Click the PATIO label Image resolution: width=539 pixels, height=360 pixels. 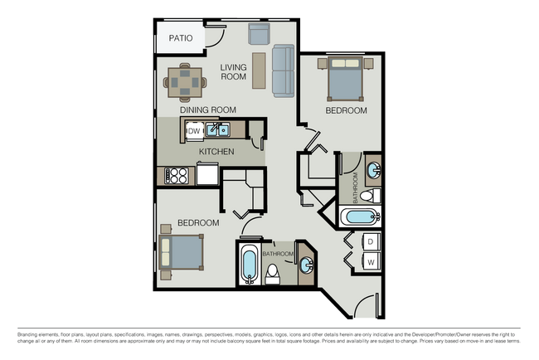click(x=181, y=38)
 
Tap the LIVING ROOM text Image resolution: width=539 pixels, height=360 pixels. click(x=234, y=71)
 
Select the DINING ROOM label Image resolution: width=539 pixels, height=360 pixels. click(x=208, y=109)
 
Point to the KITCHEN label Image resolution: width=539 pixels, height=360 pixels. click(x=216, y=152)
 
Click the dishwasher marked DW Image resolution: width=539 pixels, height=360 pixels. click(x=192, y=130)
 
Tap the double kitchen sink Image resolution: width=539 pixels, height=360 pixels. click(x=218, y=129)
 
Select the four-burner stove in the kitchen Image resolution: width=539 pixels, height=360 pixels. click(x=177, y=175)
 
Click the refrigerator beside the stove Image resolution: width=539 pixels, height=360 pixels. click(x=206, y=175)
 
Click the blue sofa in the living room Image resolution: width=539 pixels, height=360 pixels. click(x=284, y=70)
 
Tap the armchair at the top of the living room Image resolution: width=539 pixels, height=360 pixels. click(x=259, y=33)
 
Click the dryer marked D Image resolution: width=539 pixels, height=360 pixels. click(x=371, y=241)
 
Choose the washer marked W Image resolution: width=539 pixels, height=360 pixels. click(x=371, y=261)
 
